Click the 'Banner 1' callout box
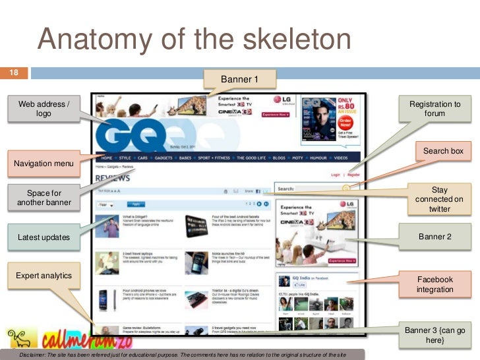pos(239,79)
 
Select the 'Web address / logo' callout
pos(44,109)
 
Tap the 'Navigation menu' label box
pos(44,163)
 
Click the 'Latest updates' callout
pos(44,237)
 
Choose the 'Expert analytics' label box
pos(44,275)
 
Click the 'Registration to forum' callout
pos(435,109)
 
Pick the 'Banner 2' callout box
pos(435,237)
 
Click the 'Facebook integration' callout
pos(435,284)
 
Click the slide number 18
pos(13,73)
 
